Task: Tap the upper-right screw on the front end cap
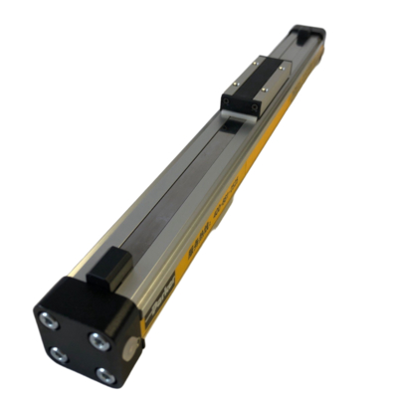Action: pyautogui.click(x=98, y=339)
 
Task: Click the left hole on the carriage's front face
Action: pyautogui.click(x=230, y=103)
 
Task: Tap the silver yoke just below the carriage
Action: pyautogui.click(x=230, y=122)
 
